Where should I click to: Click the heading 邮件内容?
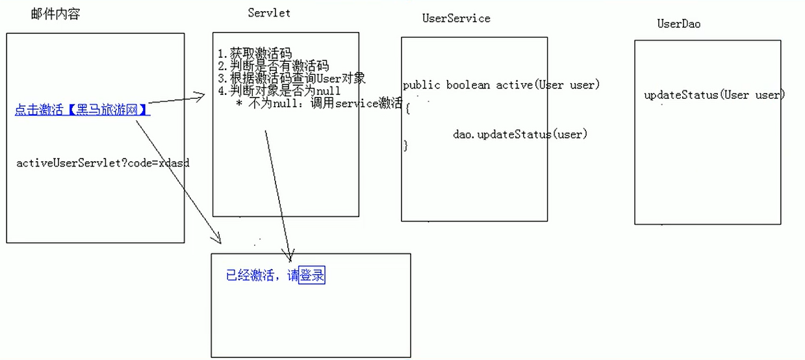(x=55, y=14)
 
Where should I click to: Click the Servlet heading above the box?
(x=269, y=12)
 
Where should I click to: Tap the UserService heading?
(x=456, y=18)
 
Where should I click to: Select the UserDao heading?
(x=679, y=24)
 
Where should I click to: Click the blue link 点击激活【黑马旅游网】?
(x=83, y=110)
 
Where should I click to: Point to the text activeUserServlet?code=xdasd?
(x=103, y=162)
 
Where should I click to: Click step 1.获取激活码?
(x=255, y=53)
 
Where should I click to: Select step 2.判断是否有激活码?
(x=274, y=66)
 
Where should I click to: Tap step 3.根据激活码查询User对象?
(x=292, y=79)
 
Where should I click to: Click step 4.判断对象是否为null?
(x=279, y=91)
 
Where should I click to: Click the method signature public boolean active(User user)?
(x=501, y=85)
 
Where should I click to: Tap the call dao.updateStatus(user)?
(x=520, y=135)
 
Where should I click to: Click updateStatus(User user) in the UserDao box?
(x=715, y=95)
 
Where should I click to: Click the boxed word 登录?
(x=312, y=276)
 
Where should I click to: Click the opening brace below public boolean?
(x=407, y=109)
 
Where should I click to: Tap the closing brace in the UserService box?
(x=406, y=146)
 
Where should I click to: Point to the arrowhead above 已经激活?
(x=289, y=254)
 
